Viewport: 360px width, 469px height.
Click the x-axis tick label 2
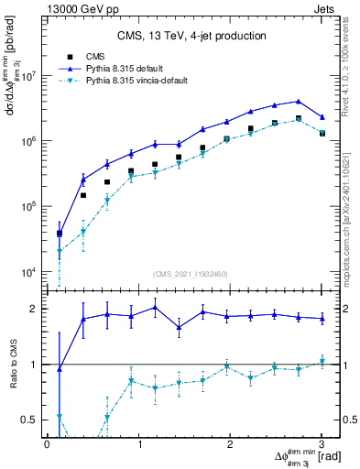(231, 444)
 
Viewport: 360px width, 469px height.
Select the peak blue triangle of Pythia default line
(299, 102)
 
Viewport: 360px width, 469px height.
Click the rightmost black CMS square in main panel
(322, 133)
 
